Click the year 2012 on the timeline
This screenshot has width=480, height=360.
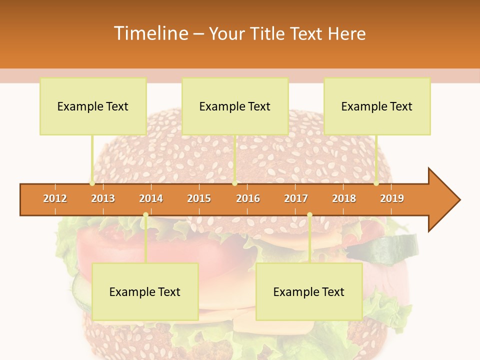pos(55,198)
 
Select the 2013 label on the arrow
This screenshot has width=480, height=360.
pos(103,198)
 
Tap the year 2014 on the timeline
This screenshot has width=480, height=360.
pos(151,198)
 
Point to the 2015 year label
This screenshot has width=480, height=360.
pos(199,198)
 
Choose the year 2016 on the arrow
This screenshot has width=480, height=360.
pos(248,198)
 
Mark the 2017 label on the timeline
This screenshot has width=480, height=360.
pos(296,198)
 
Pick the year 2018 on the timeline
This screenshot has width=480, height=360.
pos(344,198)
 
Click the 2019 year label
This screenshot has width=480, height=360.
pos(392,198)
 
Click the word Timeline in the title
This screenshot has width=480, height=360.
pos(150,33)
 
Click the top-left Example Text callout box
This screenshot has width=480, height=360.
pos(93,106)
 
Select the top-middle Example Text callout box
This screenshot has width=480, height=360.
pos(235,106)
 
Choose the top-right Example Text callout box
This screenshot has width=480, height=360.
pos(377,106)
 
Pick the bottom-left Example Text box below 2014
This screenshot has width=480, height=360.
pos(145,291)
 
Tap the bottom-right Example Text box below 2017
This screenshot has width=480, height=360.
pos(309,291)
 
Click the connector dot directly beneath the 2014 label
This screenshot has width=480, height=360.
pos(145,214)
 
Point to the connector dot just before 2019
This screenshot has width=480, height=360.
pos(376,183)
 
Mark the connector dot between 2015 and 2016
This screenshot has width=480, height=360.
pos(234,183)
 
